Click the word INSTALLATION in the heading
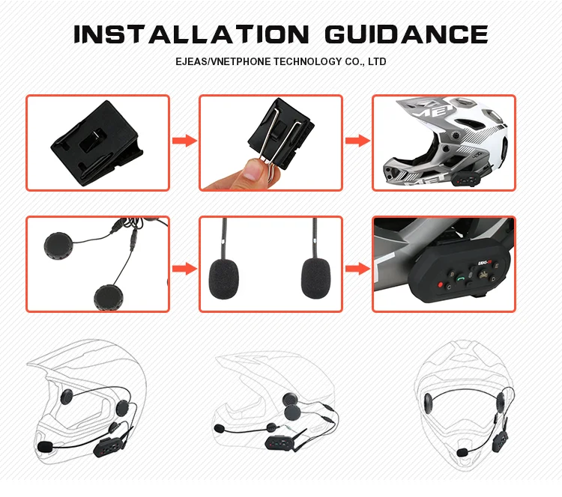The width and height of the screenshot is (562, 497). click(191, 34)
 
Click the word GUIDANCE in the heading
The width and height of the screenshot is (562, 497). click(407, 34)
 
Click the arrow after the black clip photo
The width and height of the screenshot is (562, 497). click(184, 141)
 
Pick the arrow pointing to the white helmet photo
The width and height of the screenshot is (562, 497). click(357, 141)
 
